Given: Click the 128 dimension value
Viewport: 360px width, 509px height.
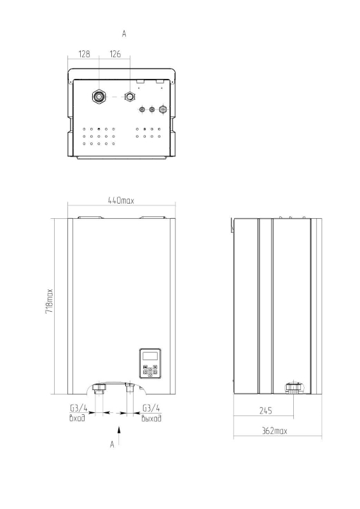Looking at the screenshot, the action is pos(84,54).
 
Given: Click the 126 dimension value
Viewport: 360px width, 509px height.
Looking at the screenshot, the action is pos(115,54).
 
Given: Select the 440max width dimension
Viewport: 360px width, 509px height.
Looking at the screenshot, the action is pos(121,200).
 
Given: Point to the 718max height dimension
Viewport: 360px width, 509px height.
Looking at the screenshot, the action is pos(49,301).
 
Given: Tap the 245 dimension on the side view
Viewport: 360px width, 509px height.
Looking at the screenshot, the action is pos(265,410).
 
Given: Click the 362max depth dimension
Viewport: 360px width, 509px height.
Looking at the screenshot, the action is pos(275,431).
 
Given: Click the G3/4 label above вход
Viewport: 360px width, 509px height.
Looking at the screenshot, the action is pos(79,408).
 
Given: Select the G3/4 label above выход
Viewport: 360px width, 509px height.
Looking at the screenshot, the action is pos(151,408).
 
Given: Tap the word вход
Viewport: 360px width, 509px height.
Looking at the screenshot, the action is pos(77,418).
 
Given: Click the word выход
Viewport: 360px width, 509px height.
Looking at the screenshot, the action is pos(151,418).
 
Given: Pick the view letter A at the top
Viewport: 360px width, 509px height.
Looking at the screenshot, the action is pos(124,34).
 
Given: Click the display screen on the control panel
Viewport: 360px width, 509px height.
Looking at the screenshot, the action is pos(150,356).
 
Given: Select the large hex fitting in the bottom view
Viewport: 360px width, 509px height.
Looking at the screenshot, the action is pos(99,97).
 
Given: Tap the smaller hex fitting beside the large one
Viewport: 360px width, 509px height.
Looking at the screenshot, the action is pos(130,97).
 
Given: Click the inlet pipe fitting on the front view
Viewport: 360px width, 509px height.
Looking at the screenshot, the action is pos(99,388).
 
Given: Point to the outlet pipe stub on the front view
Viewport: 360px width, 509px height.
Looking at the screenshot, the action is pos(130,388).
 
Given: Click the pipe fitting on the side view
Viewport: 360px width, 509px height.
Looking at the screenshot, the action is pos(294,388).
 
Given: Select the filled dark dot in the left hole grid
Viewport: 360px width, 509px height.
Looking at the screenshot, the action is pos(99,129).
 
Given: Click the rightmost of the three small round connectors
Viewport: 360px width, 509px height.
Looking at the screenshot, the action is pos(163,109).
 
